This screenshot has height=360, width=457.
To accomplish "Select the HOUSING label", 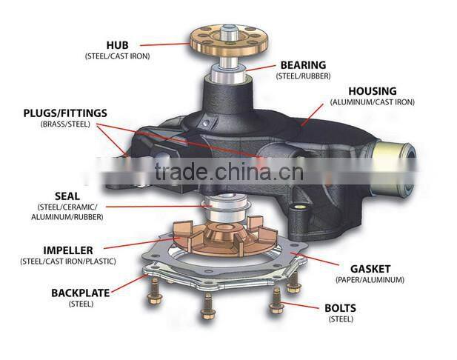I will (x=372, y=91).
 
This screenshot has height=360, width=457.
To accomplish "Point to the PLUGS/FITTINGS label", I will (x=64, y=113).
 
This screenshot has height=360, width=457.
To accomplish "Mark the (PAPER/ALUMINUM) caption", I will (x=370, y=280).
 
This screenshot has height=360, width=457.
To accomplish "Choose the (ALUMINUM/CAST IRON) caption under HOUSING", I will (x=372, y=102).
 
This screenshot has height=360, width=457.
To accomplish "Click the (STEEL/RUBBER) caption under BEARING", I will (x=303, y=76).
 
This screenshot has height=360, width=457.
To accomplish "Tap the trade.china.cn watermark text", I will (x=229, y=173).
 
